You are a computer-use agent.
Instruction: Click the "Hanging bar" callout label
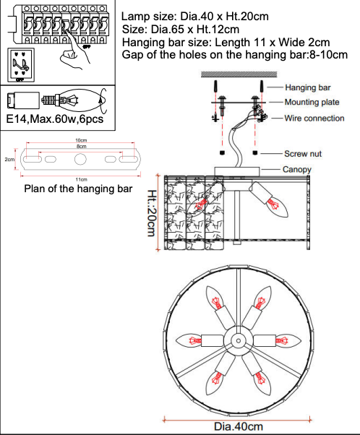308,87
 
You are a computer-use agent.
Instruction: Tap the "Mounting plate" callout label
312,102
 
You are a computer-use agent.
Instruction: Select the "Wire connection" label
314,119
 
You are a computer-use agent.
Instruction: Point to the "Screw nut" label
303,154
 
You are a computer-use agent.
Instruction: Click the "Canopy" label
296,169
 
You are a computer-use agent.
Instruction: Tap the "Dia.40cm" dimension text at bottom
239,426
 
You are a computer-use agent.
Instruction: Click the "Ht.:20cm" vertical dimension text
151,212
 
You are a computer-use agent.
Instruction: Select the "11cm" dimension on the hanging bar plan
82,179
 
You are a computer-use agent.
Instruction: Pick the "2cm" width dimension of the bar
9,160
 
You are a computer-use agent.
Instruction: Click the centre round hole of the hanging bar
80,159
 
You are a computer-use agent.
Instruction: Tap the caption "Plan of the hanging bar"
78,189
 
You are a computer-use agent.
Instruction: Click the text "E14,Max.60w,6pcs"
55,119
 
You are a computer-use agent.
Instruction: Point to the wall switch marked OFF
21,65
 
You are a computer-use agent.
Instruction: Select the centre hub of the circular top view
239,340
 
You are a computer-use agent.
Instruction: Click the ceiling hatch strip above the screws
239,74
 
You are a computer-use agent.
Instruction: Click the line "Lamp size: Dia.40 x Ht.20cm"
195,17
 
